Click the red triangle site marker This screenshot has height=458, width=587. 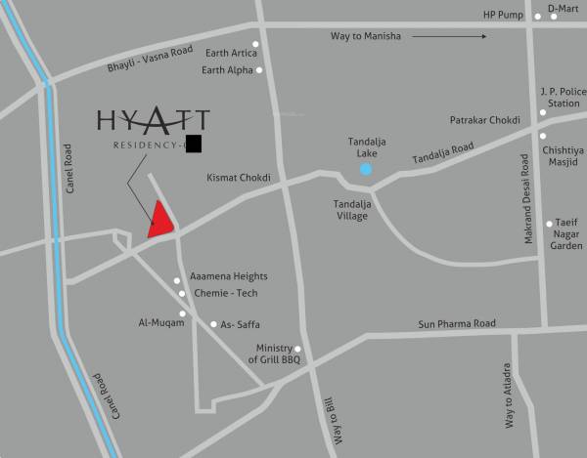[x=160, y=222]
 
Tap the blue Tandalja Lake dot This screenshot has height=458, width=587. [x=366, y=169]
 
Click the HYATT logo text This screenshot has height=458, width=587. [x=153, y=121]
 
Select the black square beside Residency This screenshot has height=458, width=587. [x=193, y=145]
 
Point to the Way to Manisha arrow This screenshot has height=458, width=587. [x=449, y=37]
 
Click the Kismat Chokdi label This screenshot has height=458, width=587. [x=239, y=178]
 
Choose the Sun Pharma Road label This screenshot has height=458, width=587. [x=457, y=323]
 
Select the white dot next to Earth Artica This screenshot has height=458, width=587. [x=255, y=44]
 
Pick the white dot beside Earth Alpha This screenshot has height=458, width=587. [x=259, y=70]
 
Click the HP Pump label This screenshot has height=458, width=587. [x=505, y=15]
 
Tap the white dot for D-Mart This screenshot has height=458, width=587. [x=537, y=17]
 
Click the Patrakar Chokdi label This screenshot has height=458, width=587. [x=484, y=120]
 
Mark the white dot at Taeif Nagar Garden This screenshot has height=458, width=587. [x=549, y=224]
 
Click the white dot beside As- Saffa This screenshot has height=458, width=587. [x=213, y=324]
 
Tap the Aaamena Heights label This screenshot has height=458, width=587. [x=228, y=276]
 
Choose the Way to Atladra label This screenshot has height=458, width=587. [x=508, y=396]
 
